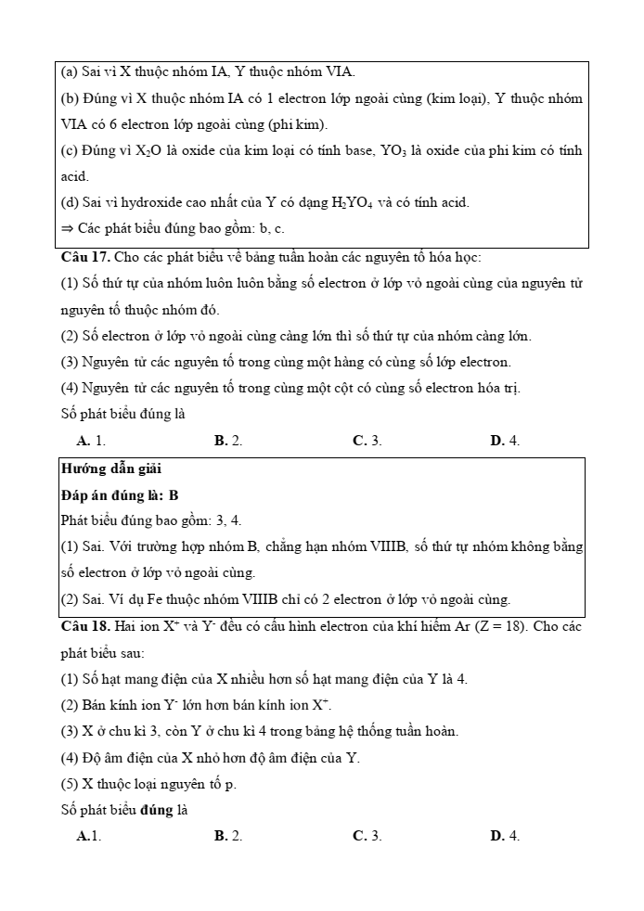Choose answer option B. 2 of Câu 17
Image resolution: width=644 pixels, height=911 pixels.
click(x=228, y=441)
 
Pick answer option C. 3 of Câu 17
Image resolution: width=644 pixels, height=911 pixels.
click(x=367, y=441)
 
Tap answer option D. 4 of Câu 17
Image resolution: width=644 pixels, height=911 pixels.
click(x=505, y=441)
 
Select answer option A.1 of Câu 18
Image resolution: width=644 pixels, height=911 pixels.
click(x=89, y=836)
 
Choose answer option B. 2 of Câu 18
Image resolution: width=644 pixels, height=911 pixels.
click(x=228, y=836)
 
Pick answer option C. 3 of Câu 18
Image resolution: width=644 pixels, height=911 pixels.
click(x=367, y=836)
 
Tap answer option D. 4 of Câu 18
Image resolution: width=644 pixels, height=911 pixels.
click(x=505, y=836)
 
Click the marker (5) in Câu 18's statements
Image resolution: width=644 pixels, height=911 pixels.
click(x=71, y=784)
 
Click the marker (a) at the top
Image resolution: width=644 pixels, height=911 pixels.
click(x=70, y=71)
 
